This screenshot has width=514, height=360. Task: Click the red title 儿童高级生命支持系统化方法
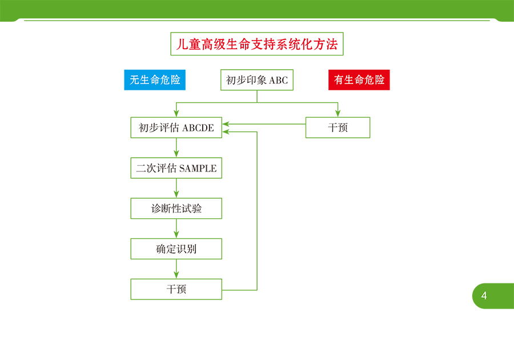[x=256, y=44]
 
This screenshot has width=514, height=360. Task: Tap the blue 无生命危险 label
[x=155, y=79]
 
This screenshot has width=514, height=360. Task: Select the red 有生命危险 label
[x=359, y=79]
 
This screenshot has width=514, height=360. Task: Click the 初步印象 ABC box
[x=256, y=80]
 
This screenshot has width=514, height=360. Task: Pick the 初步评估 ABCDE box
[x=176, y=127]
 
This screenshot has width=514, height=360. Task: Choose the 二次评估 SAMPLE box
[x=176, y=168]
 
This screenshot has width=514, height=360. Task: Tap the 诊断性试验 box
[x=176, y=209]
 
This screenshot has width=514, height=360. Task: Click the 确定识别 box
[x=176, y=249]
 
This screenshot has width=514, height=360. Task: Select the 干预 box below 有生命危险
[x=338, y=127]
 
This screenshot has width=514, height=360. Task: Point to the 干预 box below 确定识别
[x=176, y=289]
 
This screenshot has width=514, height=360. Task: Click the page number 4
[x=484, y=296]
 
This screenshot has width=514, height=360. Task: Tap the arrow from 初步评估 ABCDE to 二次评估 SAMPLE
[x=176, y=147]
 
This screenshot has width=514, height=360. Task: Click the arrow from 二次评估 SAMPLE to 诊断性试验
[x=176, y=188]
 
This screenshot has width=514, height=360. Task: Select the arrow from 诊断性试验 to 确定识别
[x=176, y=229]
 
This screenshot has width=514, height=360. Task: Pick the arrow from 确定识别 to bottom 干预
[x=176, y=269]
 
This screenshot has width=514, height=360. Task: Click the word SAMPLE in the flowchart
[x=198, y=169]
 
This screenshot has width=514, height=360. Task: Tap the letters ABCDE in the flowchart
[x=198, y=128]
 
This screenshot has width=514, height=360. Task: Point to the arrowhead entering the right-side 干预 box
[x=338, y=114]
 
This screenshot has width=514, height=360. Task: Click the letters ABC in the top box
[x=278, y=81]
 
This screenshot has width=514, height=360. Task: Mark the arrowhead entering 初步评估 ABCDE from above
[x=176, y=114]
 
